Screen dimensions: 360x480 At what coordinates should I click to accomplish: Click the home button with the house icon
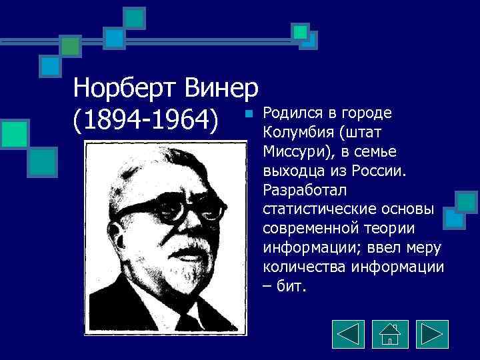point(390,333)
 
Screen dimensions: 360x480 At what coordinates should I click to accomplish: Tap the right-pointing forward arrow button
point(432,333)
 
